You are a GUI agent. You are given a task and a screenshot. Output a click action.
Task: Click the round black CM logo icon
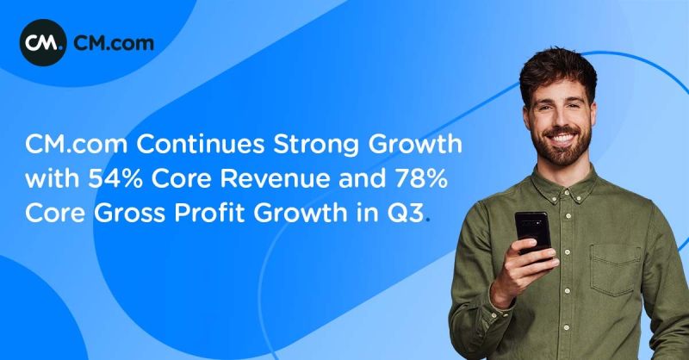pos(43,43)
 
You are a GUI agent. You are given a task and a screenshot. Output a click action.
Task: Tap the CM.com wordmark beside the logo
pos(114,43)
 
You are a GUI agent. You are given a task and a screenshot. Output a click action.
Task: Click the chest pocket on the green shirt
pos(615,270)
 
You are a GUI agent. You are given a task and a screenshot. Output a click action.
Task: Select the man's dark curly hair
pos(558,71)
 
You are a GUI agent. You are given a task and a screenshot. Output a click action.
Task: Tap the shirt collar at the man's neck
pos(567,184)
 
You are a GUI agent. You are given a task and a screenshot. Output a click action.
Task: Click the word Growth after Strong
pos(415,145)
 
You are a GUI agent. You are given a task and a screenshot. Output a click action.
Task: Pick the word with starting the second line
pos(53,179)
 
